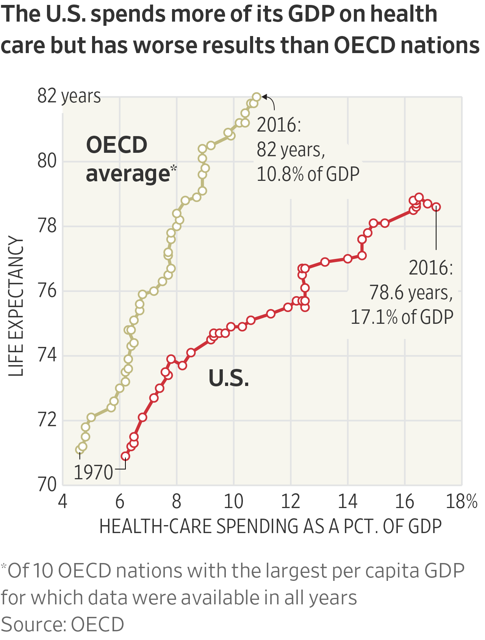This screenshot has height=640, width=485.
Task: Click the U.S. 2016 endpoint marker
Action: click(436, 207)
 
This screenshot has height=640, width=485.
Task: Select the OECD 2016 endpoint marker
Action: click(257, 97)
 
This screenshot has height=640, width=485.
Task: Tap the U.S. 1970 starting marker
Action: click(125, 456)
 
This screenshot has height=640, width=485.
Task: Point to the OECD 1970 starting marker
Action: click(80, 450)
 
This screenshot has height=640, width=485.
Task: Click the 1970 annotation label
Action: click(93, 472)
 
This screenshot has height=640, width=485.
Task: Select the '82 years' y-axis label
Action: click(69, 96)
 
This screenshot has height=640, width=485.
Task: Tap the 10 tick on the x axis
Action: click(233, 502)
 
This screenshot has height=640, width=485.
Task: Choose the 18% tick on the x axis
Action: click(461, 502)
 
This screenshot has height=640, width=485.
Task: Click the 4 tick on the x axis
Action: click(63, 502)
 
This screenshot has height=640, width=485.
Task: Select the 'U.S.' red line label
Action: click(229, 378)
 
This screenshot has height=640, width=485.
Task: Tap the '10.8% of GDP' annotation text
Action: click(308, 174)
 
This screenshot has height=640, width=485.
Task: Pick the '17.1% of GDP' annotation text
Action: click(402, 317)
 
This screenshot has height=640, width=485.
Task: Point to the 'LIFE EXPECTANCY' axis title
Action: click(16, 306)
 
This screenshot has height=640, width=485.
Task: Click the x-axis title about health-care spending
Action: click(270, 527)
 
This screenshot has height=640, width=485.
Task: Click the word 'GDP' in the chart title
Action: click(310, 14)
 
